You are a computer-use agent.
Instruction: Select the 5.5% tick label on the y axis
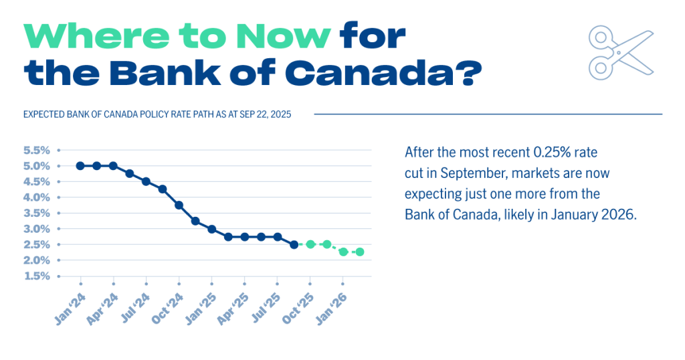(36, 150)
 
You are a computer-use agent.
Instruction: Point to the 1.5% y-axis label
(36, 276)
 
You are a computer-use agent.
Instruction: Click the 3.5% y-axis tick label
(36, 213)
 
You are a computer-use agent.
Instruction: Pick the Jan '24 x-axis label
(70, 310)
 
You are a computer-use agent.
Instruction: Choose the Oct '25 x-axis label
(298, 310)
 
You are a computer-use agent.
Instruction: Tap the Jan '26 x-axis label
(332, 310)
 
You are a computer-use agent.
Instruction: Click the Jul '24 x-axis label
(136, 310)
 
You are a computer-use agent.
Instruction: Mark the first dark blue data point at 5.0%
(80, 166)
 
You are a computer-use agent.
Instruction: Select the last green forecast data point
(359, 252)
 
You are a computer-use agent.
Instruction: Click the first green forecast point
(310, 244)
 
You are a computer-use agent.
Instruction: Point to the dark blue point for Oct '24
(179, 205)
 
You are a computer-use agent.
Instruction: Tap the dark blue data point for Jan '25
(211, 229)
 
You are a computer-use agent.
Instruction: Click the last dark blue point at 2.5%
(294, 244)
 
